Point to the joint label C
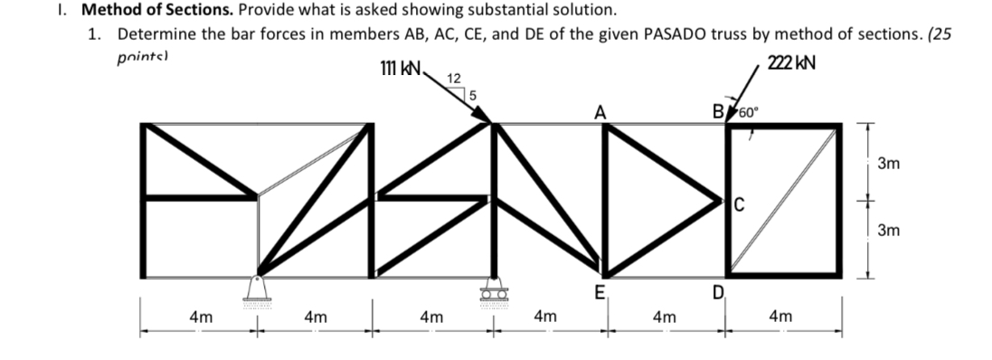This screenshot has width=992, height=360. (x=738, y=203)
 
